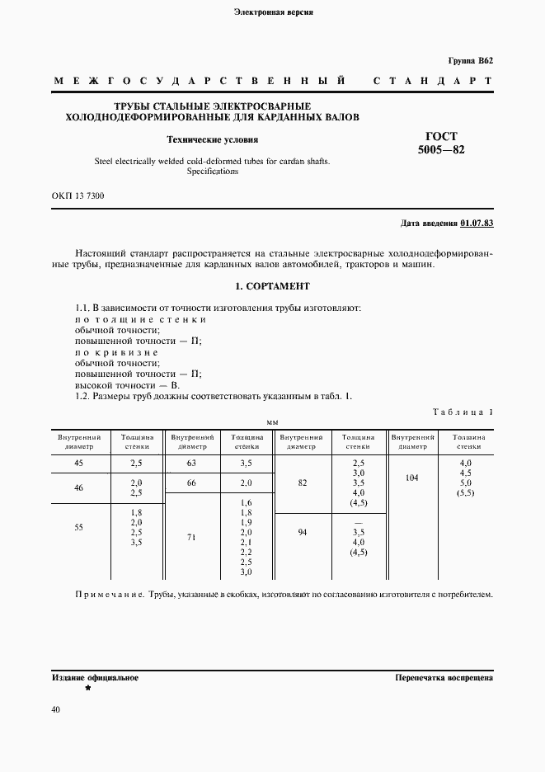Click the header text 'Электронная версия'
273,12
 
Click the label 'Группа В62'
470,61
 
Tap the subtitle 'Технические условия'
213,139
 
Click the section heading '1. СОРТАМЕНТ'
272,286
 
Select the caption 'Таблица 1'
463,412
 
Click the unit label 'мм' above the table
272,422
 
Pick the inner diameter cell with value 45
79,464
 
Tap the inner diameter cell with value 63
191,464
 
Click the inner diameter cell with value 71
191,537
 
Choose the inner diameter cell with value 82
303,482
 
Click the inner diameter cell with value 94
303,532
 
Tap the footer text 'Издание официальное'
95,677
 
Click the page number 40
55,709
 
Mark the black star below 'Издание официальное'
88,687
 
